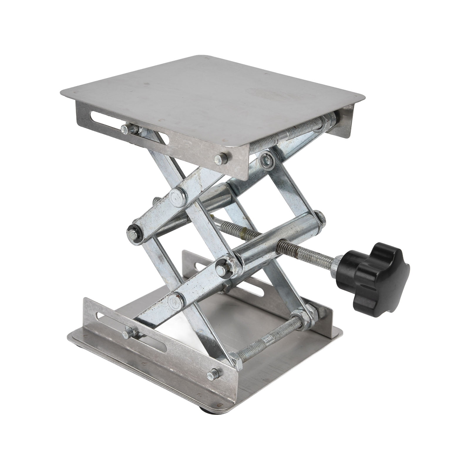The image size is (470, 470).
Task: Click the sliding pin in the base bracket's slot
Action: pyautogui.click(x=128, y=333)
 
